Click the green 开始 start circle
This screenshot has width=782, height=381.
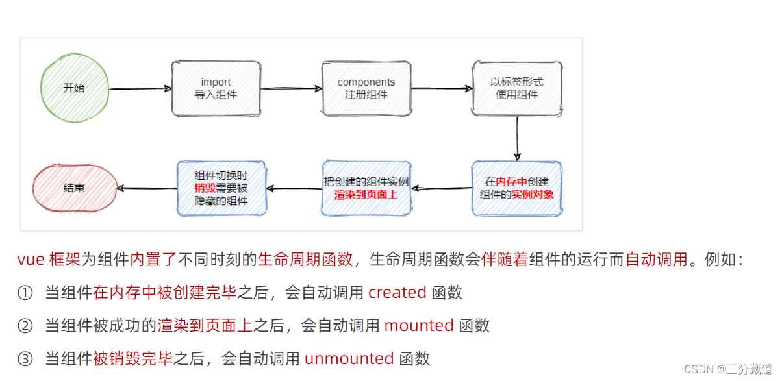[x=73, y=88]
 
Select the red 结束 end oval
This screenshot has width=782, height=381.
[x=73, y=188]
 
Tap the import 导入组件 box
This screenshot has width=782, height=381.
[x=216, y=88]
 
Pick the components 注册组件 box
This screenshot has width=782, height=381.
[x=366, y=88]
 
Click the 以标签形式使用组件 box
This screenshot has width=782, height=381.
[x=517, y=88]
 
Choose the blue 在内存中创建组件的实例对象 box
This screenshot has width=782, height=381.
[x=517, y=188]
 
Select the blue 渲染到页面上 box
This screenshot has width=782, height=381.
[x=366, y=188]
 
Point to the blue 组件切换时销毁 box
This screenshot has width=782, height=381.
[x=221, y=188]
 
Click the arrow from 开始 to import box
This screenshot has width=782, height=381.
[x=138, y=88]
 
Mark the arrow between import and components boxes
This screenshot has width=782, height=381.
[x=291, y=88]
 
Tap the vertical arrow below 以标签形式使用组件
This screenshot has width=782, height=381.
[x=517, y=139]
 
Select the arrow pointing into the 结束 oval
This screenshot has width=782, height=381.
[x=146, y=188]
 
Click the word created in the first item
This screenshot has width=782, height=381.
[x=397, y=293]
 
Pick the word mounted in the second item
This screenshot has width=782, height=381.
[x=418, y=325]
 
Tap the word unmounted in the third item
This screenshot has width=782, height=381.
[x=349, y=358]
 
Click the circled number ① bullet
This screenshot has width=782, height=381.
[x=25, y=293]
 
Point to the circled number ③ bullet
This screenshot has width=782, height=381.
[x=25, y=358]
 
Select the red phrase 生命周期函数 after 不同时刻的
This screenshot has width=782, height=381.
[x=305, y=260]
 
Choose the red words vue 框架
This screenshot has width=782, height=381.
[x=49, y=260]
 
